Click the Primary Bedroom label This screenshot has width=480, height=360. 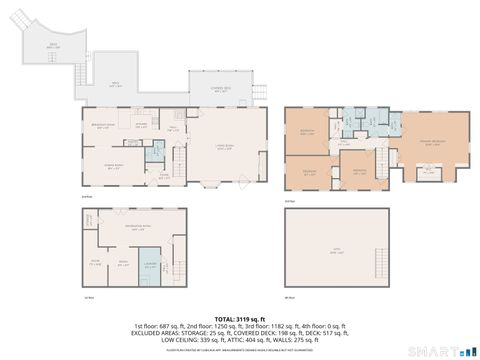431,142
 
